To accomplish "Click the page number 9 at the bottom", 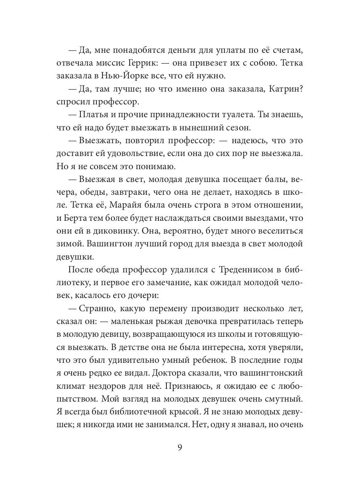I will pos(180,447).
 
